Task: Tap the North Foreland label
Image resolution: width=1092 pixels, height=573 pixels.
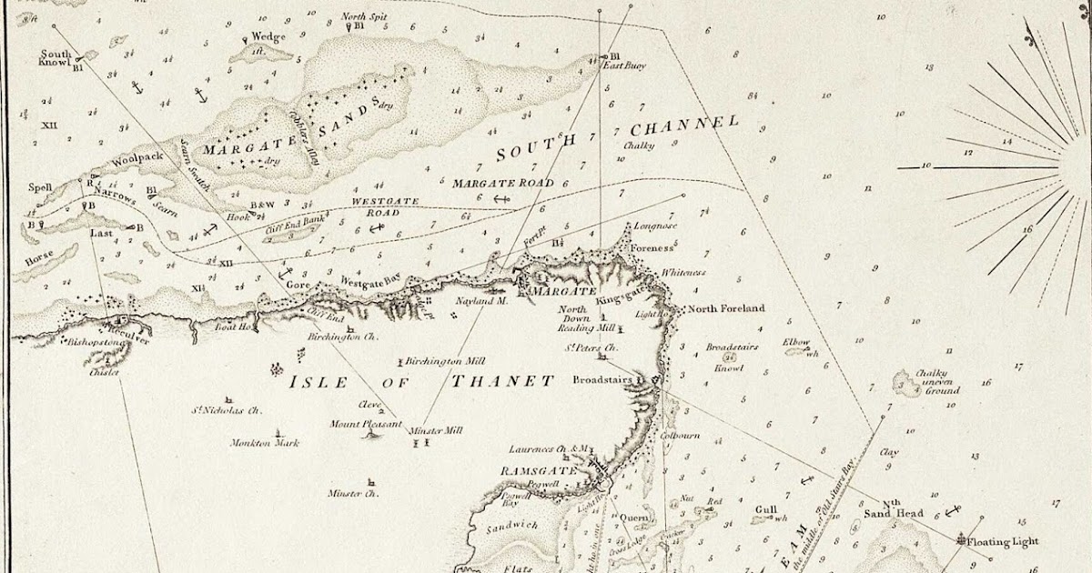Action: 725,308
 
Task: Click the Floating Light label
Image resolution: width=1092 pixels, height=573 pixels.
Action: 1001,542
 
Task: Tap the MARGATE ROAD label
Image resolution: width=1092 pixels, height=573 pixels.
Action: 502,183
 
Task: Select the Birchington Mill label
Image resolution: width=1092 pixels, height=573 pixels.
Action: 445,360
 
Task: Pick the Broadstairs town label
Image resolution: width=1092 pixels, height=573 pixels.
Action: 602,380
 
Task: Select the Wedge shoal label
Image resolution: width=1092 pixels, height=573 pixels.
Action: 268,37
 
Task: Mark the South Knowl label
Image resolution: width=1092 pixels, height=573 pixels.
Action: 55,58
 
